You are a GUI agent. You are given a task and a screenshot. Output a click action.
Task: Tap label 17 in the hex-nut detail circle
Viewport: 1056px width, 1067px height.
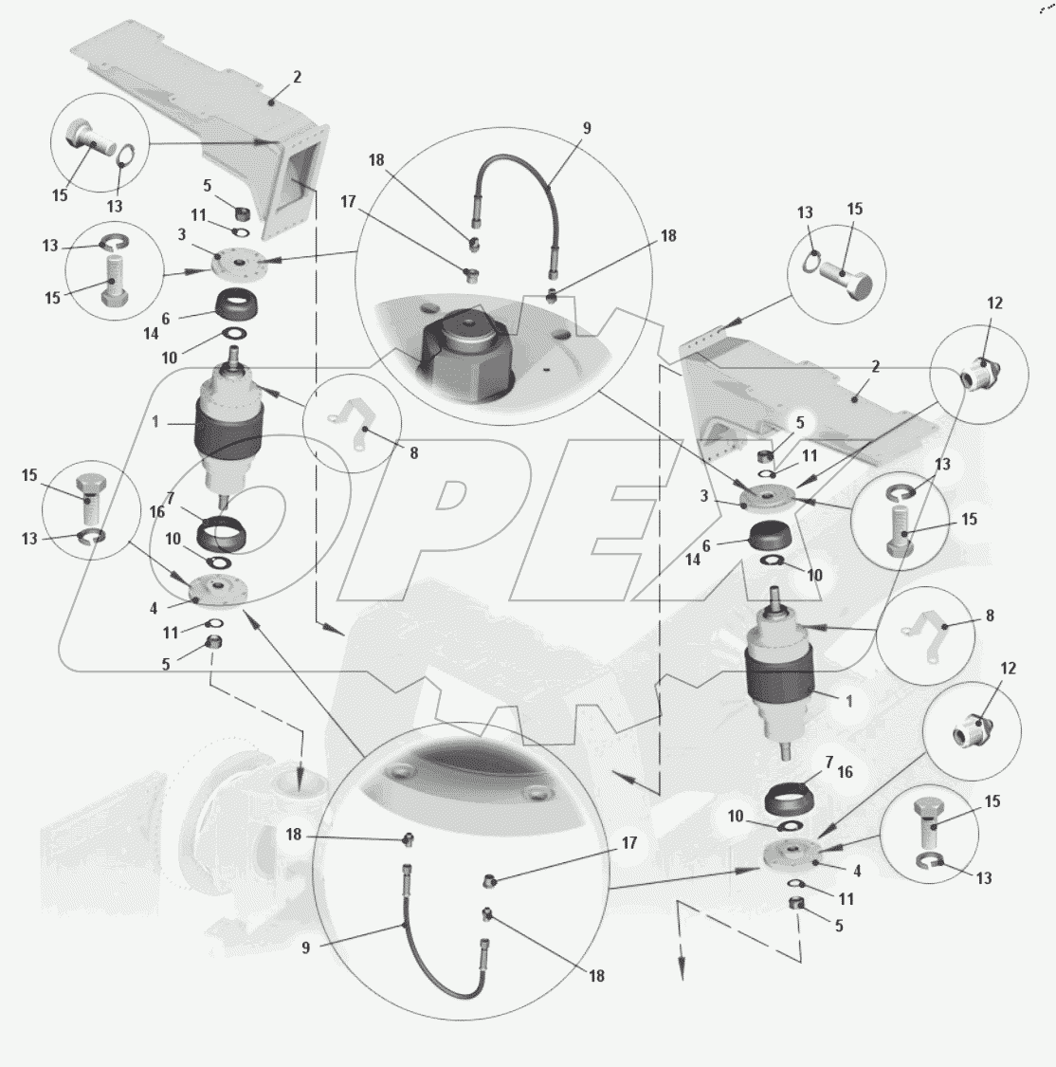pos(348,201)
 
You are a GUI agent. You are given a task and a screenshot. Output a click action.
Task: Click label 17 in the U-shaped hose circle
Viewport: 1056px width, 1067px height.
pos(629,842)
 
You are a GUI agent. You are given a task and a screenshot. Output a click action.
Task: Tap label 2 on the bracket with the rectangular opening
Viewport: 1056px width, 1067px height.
pos(297,77)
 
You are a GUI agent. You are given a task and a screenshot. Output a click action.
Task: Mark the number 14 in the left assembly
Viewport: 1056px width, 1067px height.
pos(151,334)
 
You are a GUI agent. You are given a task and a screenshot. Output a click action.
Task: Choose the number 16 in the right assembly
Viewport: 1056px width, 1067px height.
pos(845,772)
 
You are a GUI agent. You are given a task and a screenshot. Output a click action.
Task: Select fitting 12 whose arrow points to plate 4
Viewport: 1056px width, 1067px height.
pos(971,730)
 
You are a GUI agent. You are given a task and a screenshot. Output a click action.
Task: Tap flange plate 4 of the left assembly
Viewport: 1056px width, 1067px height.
pos(219,588)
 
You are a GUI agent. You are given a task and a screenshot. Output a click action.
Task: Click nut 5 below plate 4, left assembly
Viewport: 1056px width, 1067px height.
pos(214,641)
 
